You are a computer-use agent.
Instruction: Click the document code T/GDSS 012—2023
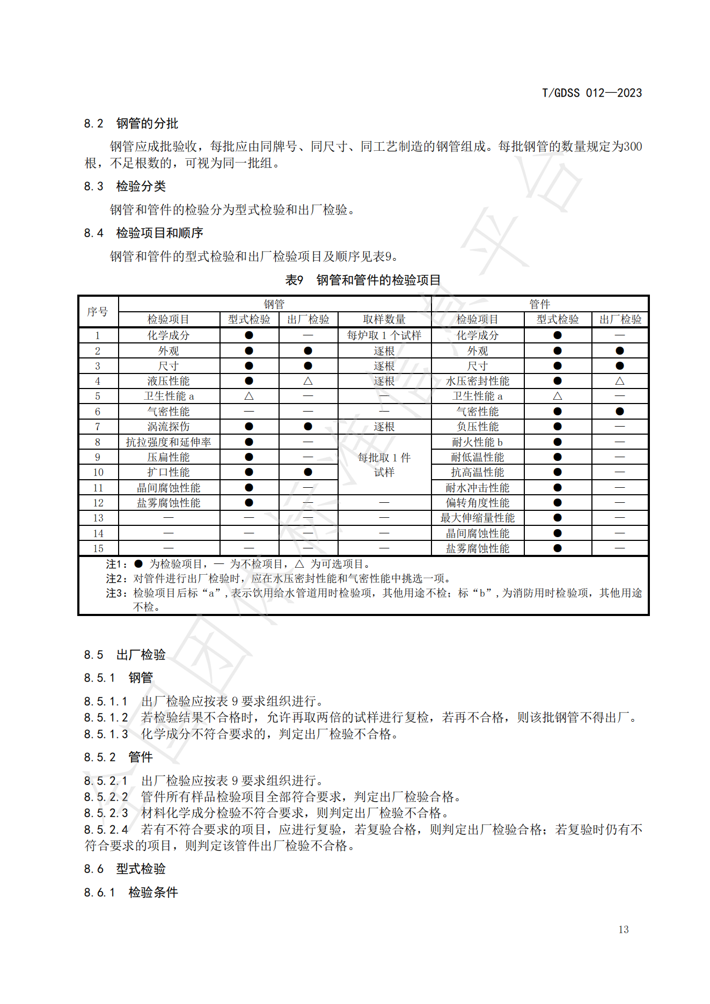[x=591, y=93]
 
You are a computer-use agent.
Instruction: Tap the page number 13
[x=623, y=929]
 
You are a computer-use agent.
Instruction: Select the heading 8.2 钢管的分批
[x=131, y=123]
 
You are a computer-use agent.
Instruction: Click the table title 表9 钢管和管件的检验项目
[x=362, y=280]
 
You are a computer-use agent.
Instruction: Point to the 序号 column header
[x=98, y=312]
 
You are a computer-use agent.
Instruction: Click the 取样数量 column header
[x=384, y=319]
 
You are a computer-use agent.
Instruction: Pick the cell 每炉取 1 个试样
[x=384, y=335]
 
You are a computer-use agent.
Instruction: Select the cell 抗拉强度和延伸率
[x=169, y=442]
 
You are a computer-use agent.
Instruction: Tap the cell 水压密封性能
[x=477, y=381]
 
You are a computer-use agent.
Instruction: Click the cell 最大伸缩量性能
[x=477, y=518]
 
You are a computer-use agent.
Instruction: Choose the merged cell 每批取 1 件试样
[x=384, y=465]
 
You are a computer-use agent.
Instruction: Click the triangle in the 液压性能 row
[x=308, y=381]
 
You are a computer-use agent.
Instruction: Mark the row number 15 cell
[x=98, y=548]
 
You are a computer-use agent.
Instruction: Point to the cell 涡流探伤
[x=169, y=427]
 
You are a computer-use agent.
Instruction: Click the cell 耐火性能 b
[x=477, y=442]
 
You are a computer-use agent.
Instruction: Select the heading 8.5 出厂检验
[x=125, y=655]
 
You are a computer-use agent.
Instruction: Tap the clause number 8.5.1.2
[x=106, y=717]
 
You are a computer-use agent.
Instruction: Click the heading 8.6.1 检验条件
[x=131, y=892]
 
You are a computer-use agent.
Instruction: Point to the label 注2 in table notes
[x=116, y=578]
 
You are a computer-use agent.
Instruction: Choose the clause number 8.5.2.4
[x=106, y=830]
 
